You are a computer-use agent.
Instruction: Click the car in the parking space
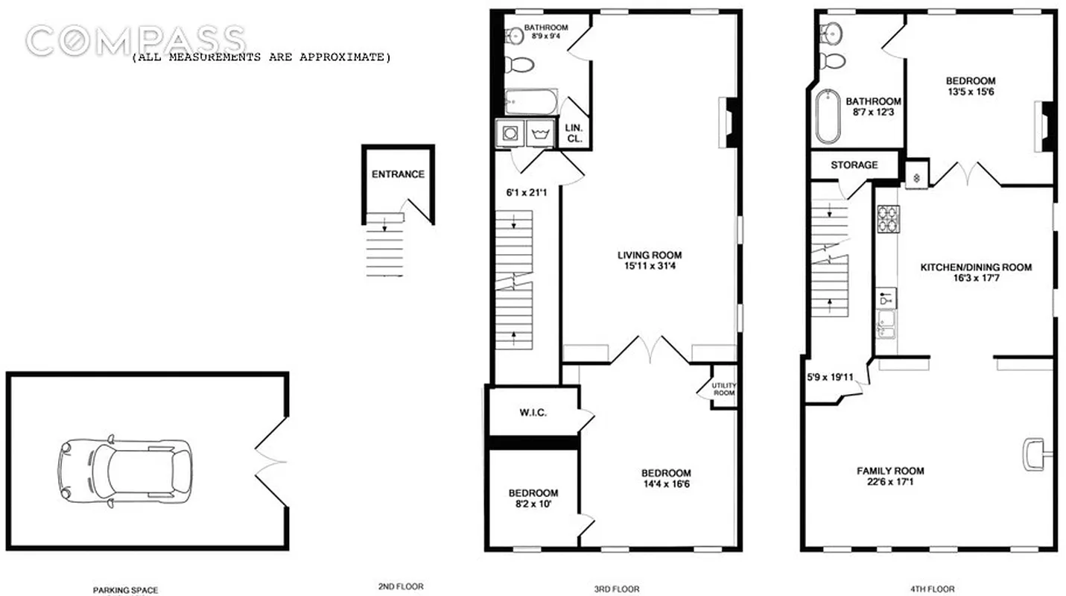pos(125,469)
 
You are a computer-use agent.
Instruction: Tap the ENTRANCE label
pos(398,174)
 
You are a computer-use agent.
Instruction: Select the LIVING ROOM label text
pos(649,255)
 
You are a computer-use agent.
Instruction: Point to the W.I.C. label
pos(533,412)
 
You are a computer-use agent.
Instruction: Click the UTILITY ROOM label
pos(723,389)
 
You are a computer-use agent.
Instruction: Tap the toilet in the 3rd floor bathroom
pos(519,64)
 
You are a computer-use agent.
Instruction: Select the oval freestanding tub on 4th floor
pos(828,117)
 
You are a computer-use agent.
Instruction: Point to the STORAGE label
pos(854,165)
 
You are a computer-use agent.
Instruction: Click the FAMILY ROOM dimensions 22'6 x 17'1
pos(890,482)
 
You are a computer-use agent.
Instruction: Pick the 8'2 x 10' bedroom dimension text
pos(533,504)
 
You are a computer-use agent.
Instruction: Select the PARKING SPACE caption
pos(125,590)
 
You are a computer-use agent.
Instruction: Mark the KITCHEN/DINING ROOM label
pos(976,267)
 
